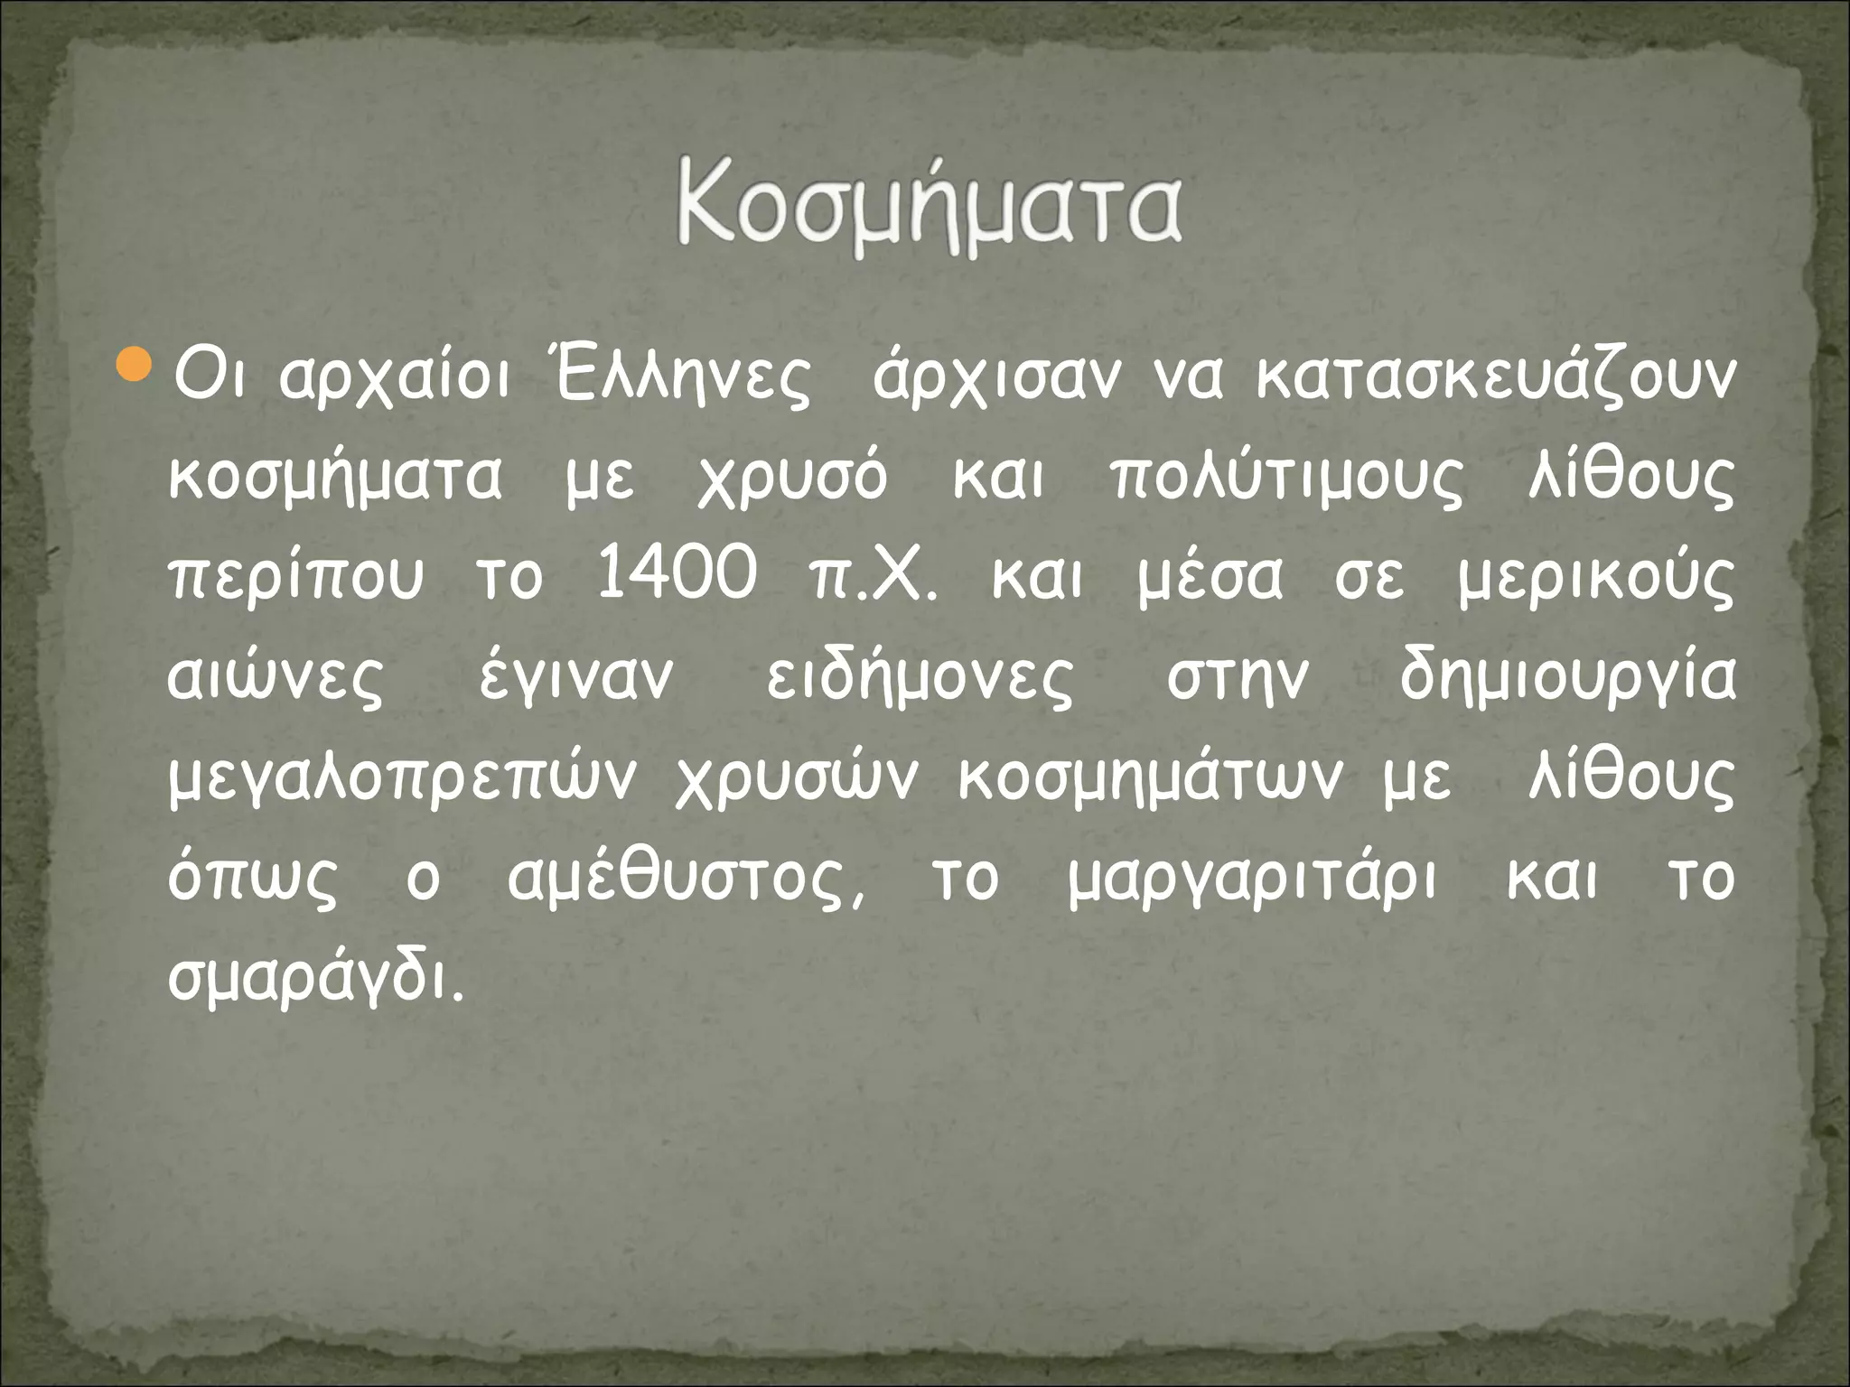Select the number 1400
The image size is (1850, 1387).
(x=676, y=575)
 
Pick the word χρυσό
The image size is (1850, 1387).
(x=792, y=479)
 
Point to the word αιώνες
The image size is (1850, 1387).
(x=276, y=677)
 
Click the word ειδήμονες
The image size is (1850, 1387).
(x=920, y=677)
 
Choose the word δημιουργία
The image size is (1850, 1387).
(x=1567, y=677)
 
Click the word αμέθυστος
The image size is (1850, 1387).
(x=685, y=879)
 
